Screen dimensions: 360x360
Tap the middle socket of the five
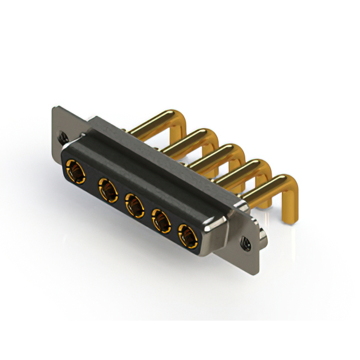tap(133, 205)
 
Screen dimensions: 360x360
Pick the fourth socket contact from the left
tap(161, 222)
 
